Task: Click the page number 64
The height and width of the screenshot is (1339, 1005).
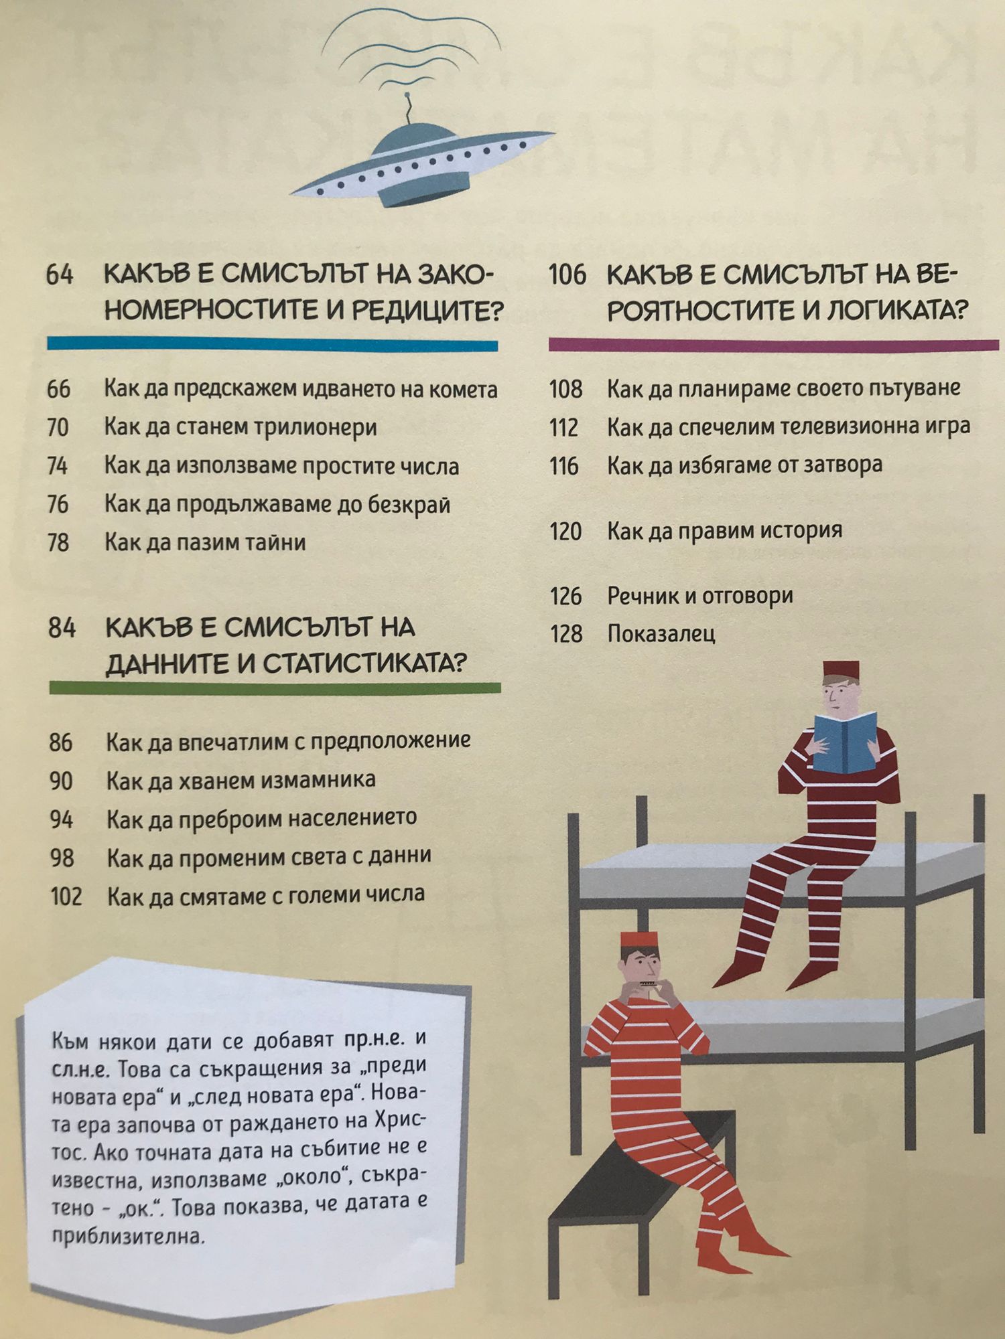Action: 59,274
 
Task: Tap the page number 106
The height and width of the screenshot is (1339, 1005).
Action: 567,274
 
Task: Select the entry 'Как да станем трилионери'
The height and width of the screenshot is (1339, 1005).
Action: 241,427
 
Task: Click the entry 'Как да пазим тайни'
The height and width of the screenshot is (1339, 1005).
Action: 205,542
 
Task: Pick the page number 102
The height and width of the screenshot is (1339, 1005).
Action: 66,896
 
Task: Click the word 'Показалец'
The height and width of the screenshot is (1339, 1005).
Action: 661,633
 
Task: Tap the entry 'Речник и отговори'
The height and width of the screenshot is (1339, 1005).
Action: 700,595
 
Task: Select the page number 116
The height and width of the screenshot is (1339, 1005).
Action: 564,466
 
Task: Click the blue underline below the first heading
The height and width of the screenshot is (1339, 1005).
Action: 272,345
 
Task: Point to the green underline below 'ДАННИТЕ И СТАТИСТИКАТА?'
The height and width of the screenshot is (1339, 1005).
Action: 275,688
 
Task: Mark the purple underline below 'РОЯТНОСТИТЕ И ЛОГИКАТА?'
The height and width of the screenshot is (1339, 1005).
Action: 774,345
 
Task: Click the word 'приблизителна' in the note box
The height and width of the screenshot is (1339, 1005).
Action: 127,1237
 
